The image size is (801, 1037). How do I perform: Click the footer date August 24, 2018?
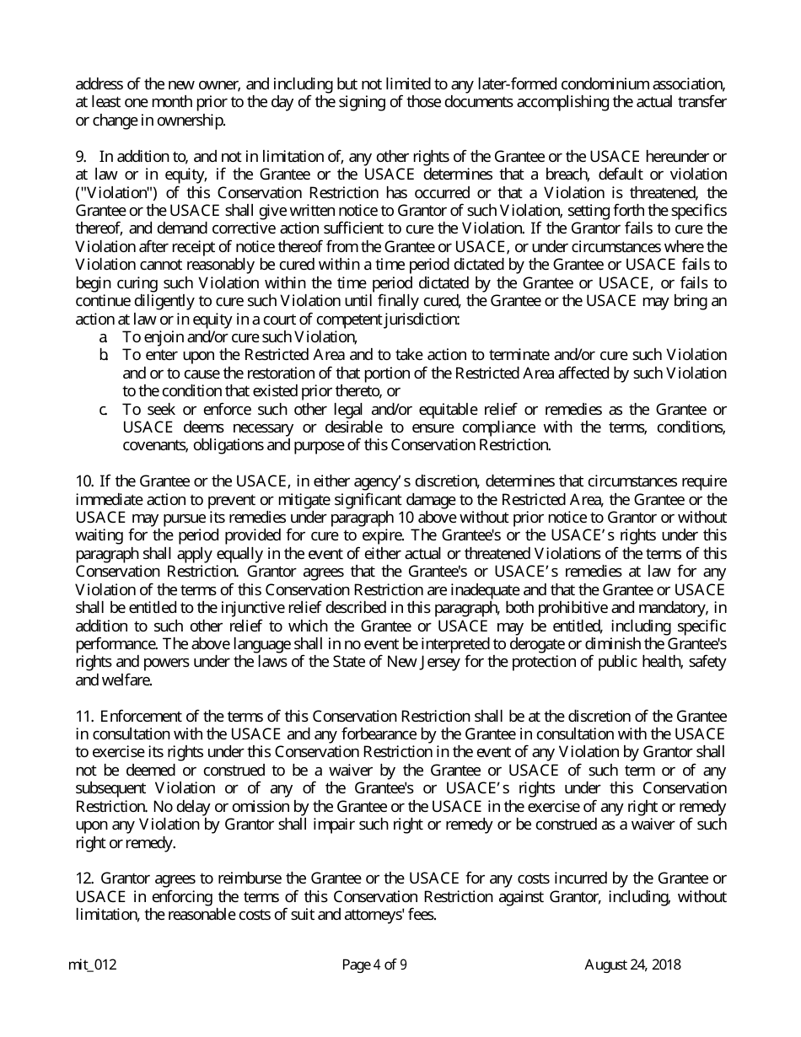(x=632, y=965)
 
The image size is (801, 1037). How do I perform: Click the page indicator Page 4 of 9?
(x=374, y=965)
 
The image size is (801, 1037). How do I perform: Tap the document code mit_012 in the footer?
(x=92, y=965)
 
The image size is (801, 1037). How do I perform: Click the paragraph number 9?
(x=81, y=156)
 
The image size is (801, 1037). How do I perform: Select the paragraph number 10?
(x=84, y=481)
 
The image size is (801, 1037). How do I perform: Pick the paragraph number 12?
(x=84, y=879)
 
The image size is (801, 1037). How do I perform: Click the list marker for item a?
(x=103, y=336)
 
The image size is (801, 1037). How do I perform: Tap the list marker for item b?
(x=103, y=355)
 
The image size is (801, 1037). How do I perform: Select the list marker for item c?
(x=103, y=409)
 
